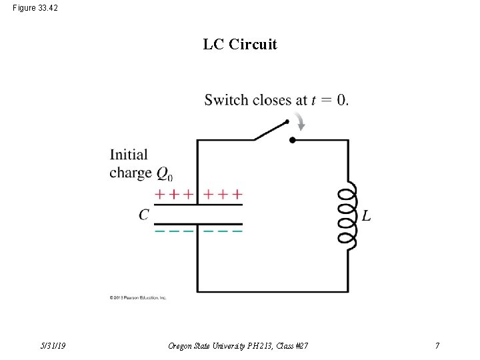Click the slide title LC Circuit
(240, 45)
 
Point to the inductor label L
(367, 216)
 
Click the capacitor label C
(144, 215)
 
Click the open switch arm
(271, 131)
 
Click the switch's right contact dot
(292, 140)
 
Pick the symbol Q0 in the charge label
(164, 174)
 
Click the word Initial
(129, 155)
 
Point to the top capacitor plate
(198, 205)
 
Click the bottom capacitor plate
(198, 223)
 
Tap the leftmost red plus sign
(160, 195)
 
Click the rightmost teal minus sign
(237, 231)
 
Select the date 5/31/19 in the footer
(52, 345)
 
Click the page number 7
(437, 345)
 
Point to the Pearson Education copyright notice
(138, 297)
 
